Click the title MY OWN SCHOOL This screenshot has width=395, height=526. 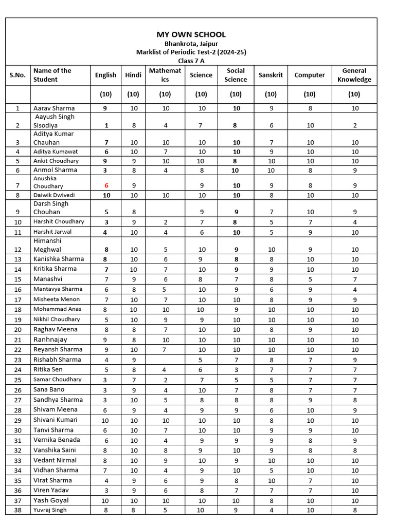click(191, 34)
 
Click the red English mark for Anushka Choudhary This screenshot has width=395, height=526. click(105, 185)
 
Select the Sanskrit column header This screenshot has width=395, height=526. click(271, 75)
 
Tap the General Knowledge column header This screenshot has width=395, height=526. click(354, 75)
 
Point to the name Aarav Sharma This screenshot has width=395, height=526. click(54, 108)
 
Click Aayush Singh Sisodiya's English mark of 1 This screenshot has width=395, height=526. click(105, 125)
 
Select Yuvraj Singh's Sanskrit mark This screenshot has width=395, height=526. click(271, 510)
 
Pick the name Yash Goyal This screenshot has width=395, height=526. click(51, 500)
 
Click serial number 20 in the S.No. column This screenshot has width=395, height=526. click(18, 330)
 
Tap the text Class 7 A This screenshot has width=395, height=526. click(191, 61)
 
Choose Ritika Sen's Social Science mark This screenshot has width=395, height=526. click(236, 370)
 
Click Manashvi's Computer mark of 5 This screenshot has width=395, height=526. click(309, 279)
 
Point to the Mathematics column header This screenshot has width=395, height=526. click(165, 75)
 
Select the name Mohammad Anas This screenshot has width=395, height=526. click(57, 309)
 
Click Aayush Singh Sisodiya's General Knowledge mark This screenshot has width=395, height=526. click(354, 125)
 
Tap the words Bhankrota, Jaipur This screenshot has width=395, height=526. click(191, 44)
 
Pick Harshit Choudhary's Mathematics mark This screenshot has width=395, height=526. click(165, 222)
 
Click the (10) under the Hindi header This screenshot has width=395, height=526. click(133, 95)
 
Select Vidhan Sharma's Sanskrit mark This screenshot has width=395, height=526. click(271, 470)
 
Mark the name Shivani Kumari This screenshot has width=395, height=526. click(56, 420)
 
